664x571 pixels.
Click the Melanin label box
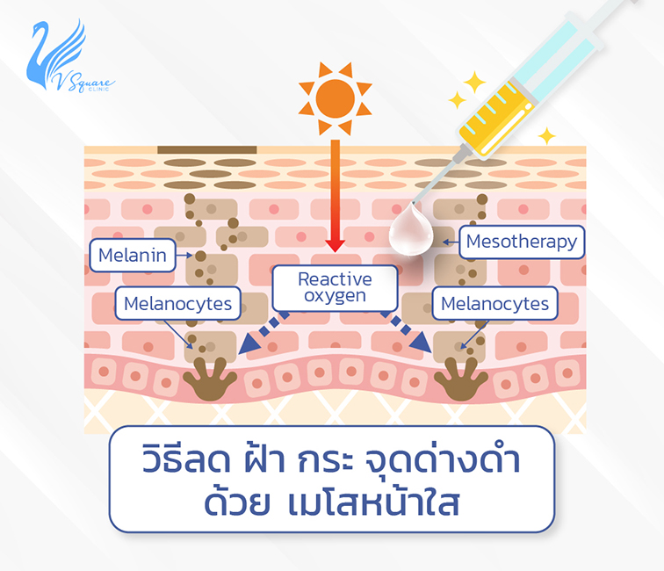coord(134,257)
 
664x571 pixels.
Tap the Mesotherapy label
coord(521,242)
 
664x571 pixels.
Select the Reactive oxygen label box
coord(335,287)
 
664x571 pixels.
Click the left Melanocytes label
coord(179,305)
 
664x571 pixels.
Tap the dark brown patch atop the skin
coord(207,150)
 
